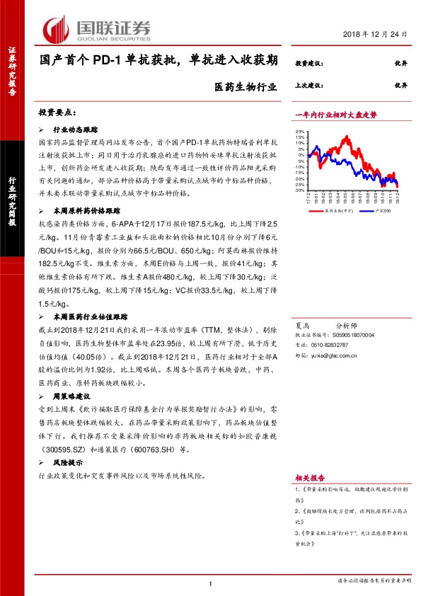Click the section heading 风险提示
pyautogui.click(x=69, y=461)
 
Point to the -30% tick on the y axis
pyautogui.click(x=300, y=190)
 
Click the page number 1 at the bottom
pyautogui.click(x=211, y=583)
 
